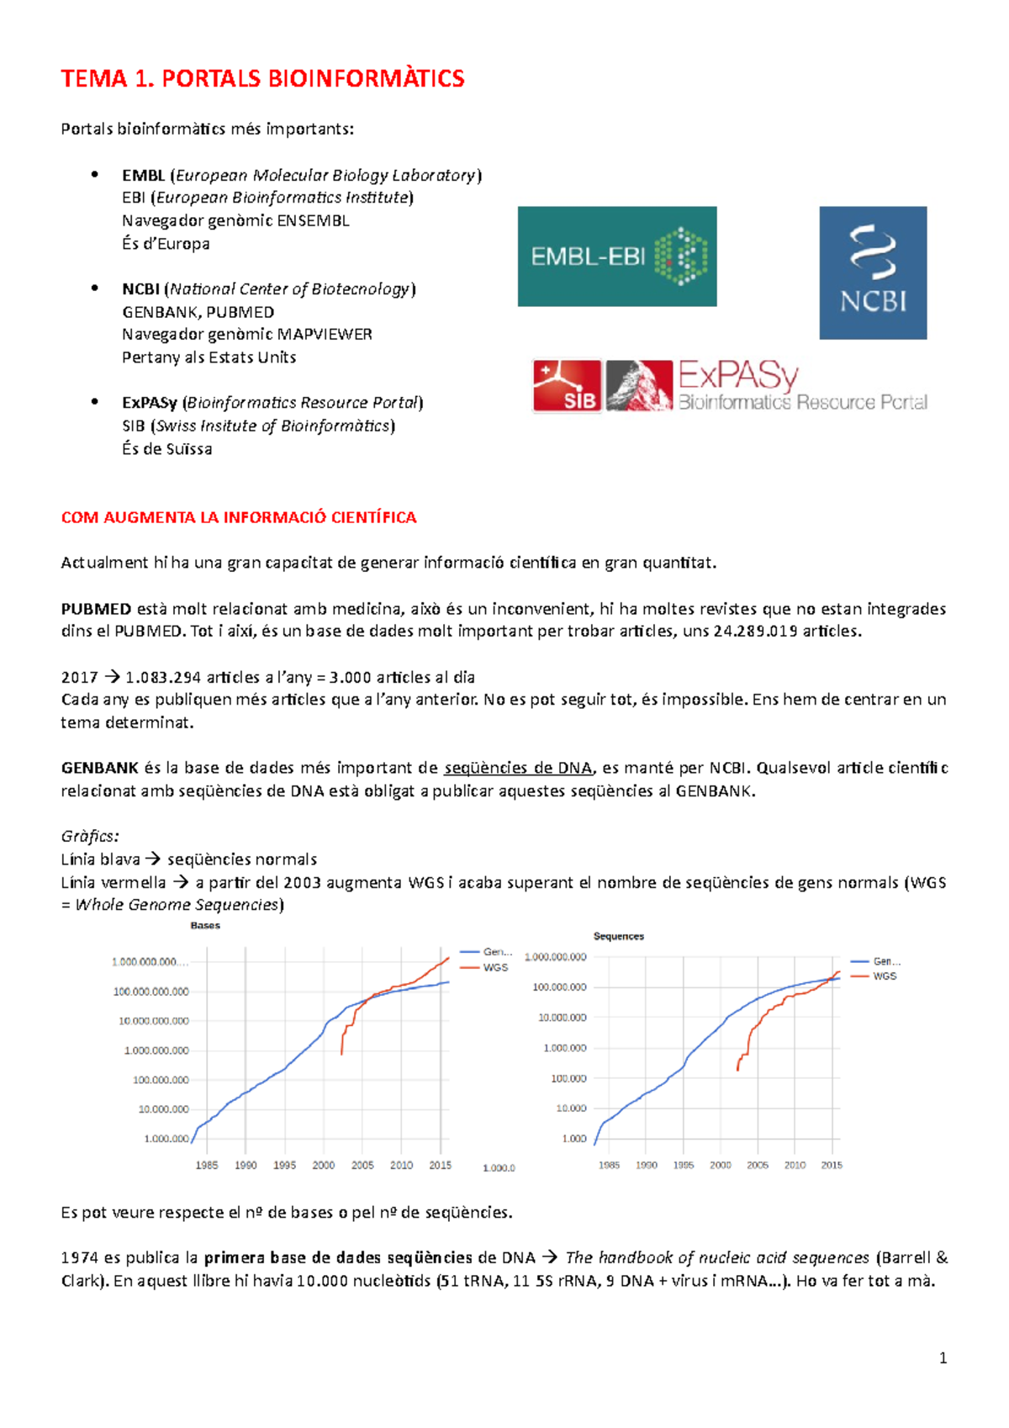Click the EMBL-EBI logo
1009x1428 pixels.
pos(616,256)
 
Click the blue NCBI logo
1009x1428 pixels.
pos(873,272)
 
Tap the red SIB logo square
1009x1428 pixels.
pos(567,386)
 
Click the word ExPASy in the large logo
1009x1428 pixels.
pos(737,375)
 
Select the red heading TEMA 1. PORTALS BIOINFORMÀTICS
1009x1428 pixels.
pos(262,79)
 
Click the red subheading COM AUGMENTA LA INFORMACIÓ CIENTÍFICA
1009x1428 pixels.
pos(239,517)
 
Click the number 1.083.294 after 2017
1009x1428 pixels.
pos(163,677)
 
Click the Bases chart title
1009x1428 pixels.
pos(205,925)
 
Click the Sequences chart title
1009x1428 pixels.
pos(619,936)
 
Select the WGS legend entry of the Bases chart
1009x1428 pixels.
pos(495,968)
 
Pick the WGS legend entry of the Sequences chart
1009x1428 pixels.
pos(885,976)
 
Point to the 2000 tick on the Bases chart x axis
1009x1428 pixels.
pos(324,1166)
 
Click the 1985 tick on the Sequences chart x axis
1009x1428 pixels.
pos(609,1166)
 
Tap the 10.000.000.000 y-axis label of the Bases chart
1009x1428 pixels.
pos(154,1021)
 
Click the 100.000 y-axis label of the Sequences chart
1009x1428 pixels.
pos(568,1078)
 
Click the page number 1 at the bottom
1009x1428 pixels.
pos(943,1357)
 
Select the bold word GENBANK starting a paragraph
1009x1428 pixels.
pos(99,768)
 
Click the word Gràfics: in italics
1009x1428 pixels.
pos(90,836)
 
